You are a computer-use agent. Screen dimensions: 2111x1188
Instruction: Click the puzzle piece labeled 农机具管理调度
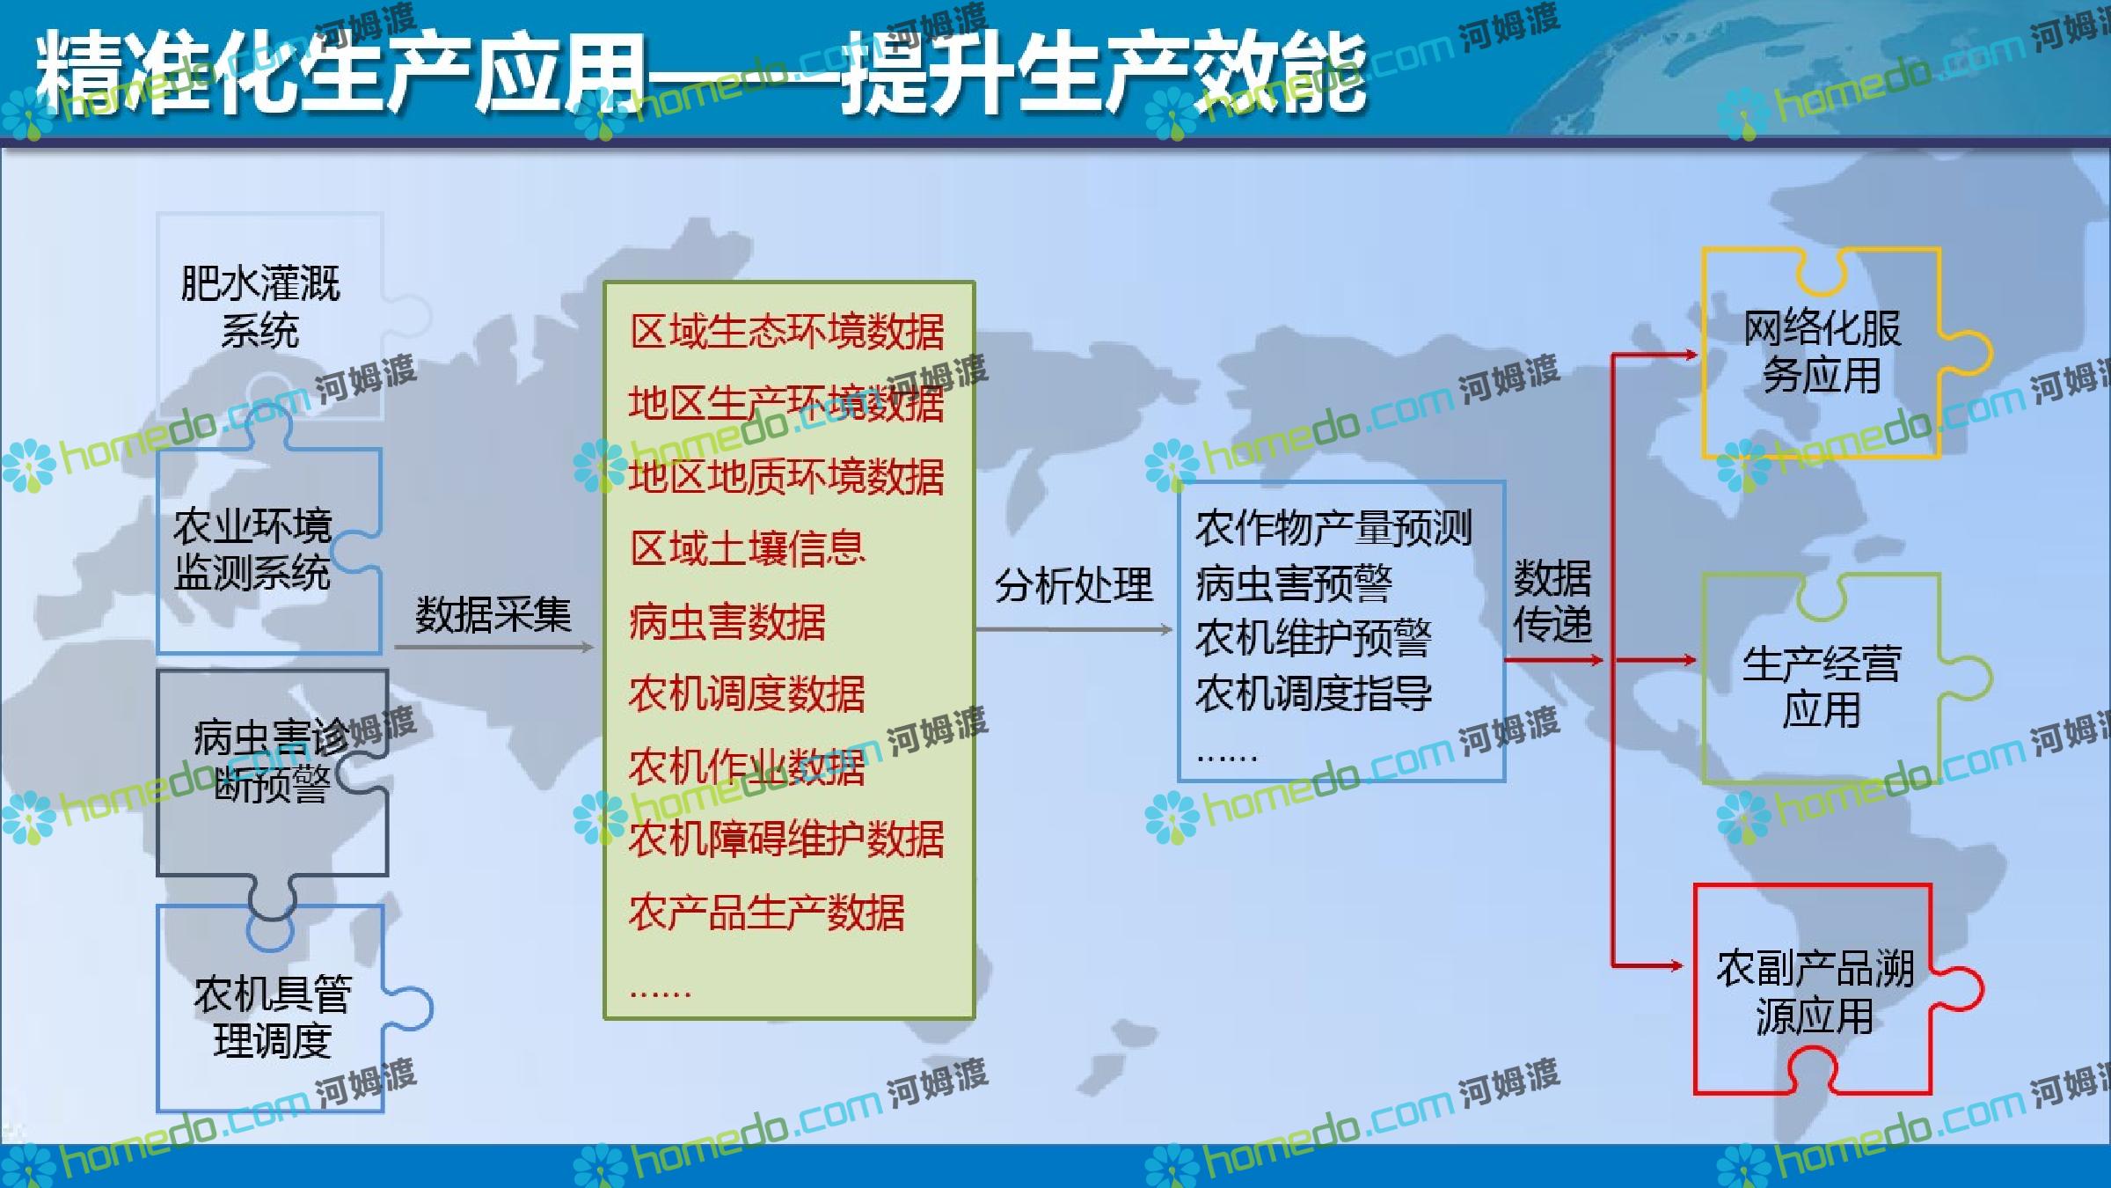(x=273, y=1012)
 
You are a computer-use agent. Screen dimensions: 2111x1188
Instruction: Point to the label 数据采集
(x=493, y=613)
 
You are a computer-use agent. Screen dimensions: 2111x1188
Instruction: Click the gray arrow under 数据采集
(x=493, y=648)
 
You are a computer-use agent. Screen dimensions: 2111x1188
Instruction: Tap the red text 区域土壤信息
(x=748, y=549)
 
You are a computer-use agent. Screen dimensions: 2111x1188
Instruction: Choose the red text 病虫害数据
(x=727, y=621)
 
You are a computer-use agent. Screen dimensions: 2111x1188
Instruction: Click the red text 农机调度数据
(x=747, y=693)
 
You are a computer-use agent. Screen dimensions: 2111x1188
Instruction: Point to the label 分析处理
(x=1073, y=584)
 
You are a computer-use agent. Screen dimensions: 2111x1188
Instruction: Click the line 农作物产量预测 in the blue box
(x=1333, y=528)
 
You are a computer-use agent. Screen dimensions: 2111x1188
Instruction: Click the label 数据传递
(x=1552, y=602)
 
